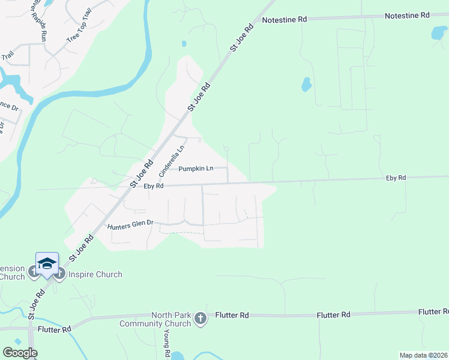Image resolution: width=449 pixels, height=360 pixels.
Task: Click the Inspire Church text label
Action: coord(94,275)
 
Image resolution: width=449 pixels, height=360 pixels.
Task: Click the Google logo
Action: coord(20,353)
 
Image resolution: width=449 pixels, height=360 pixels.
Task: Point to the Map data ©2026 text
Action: coord(423,355)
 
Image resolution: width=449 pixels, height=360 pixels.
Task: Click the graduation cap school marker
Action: coord(47,264)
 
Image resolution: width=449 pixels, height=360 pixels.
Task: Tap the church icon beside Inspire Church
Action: coord(59,275)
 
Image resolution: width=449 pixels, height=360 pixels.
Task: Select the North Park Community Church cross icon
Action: coord(201,319)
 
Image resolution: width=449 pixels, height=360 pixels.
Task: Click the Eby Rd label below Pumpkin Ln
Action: coord(154,186)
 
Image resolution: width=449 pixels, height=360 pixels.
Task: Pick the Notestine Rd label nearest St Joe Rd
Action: coord(285,20)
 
